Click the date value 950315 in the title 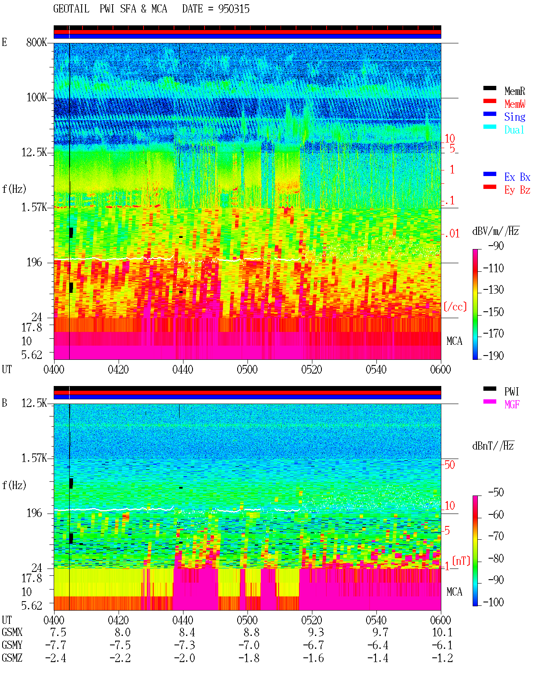pos(234,9)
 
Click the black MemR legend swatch pos(489,88)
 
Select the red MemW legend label pos(515,103)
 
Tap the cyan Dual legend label pos(514,130)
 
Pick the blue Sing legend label pos(514,117)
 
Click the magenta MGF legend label pos(512,404)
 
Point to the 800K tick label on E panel pos(37,42)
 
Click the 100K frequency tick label pos(37,97)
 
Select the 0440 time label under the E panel pos(183,369)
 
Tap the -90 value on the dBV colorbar pos(496,246)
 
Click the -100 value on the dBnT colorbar pos(493,602)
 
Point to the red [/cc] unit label pos(455,307)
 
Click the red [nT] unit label pos(461,561)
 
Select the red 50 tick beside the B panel pos(450,465)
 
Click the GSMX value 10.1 pos(442,632)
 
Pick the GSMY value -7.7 pos(56,645)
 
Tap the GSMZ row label pos(12,658)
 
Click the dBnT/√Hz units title pos(493,446)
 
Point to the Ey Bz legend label pos(517,190)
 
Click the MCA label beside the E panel pos(454,341)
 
